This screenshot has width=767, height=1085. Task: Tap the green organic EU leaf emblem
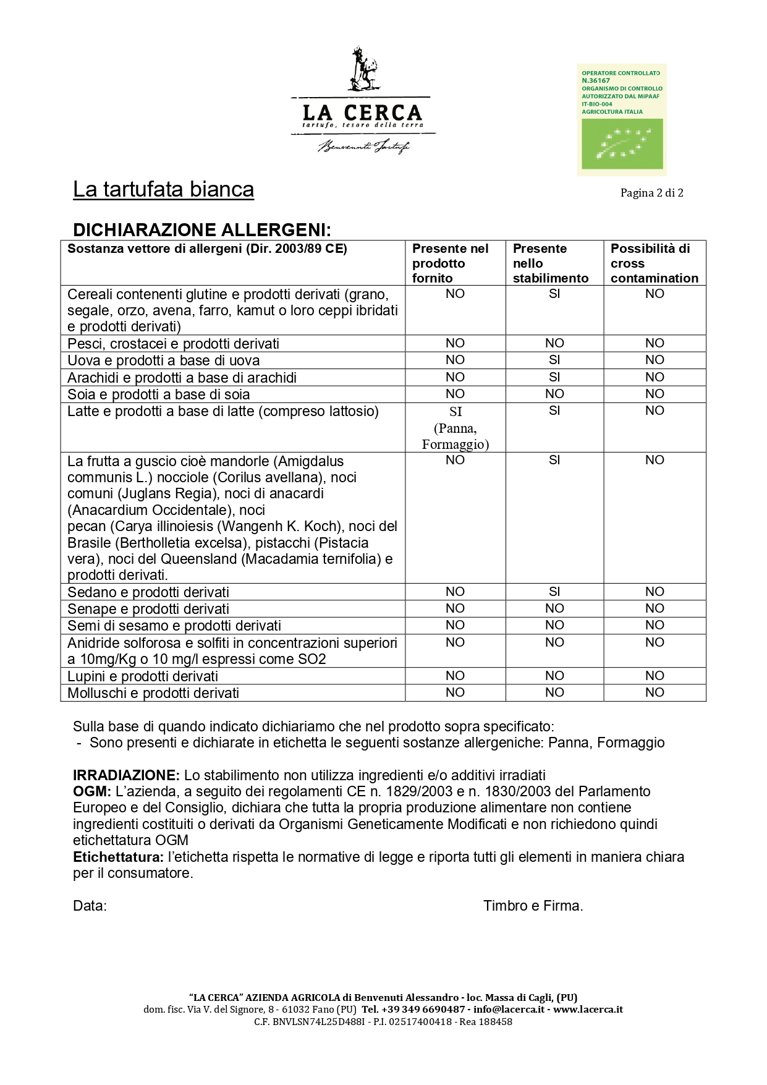[x=621, y=143]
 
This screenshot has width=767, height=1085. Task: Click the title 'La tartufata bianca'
[x=163, y=189]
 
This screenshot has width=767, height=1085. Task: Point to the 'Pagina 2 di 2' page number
[x=651, y=193]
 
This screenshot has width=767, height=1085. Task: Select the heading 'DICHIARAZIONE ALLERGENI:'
[x=202, y=230]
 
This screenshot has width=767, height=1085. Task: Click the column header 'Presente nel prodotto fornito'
[x=451, y=263]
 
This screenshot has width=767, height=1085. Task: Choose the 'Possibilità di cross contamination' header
[x=654, y=263]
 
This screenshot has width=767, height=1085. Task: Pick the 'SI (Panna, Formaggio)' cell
[x=456, y=428]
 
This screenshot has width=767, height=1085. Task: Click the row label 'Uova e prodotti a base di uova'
[x=164, y=360]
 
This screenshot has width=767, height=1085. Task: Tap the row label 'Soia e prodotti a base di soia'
[x=159, y=394]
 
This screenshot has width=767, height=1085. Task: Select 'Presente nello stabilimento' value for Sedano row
[x=554, y=592]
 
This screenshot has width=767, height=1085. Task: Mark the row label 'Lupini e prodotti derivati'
[x=143, y=676]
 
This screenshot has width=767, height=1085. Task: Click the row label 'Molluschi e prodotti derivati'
[x=153, y=693]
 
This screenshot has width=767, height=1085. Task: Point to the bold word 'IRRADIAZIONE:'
[x=126, y=775]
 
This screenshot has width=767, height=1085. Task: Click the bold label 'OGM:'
[x=92, y=791]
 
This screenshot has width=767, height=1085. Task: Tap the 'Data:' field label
[x=90, y=906]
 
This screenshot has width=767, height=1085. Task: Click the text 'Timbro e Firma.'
[x=533, y=906]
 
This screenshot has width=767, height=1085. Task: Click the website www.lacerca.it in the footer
[x=588, y=1009]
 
